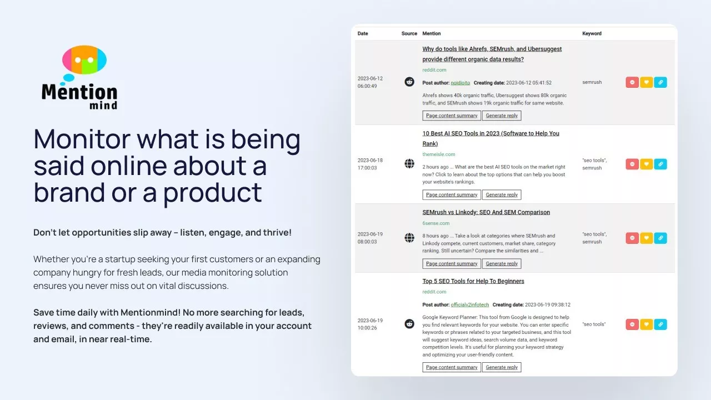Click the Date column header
363,33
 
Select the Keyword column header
592,33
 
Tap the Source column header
409,33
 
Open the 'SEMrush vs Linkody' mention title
486,212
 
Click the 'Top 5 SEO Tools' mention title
473,281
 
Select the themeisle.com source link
439,154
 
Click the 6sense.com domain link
436,223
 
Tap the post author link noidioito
460,83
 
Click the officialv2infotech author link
470,305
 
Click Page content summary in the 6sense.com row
452,263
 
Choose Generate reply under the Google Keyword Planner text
502,367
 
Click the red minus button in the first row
632,82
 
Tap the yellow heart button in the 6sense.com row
646,238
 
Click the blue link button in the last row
660,324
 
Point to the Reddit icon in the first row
409,82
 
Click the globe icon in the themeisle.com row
409,164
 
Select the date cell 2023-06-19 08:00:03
370,238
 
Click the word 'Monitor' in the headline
82,139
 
